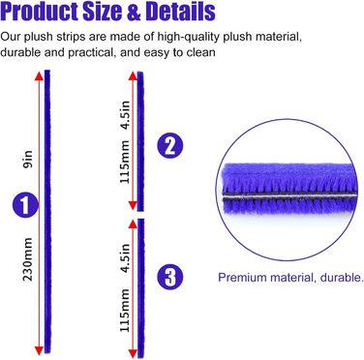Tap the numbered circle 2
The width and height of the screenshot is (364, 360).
(169, 148)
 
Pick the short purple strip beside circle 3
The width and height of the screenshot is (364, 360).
(142, 285)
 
